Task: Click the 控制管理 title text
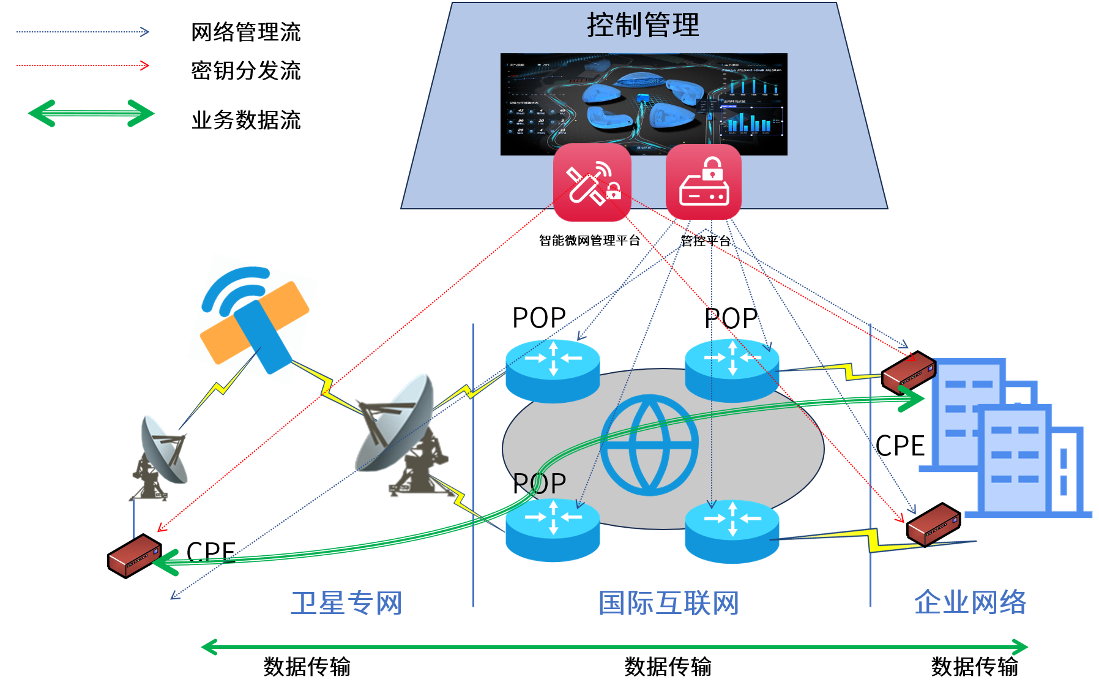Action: click(x=643, y=25)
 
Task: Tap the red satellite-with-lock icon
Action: click(x=592, y=182)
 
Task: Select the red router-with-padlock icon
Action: click(x=704, y=182)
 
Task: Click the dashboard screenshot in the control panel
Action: click(x=644, y=104)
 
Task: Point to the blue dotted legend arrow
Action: click(x=83, y=32)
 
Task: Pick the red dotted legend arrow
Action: click(x=83, y=66)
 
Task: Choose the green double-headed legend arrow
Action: click(x=91, y=113)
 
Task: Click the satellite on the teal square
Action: click(x=253, y=319)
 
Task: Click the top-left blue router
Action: click(x=553, y=370)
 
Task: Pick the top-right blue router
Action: click(x=732, y=370)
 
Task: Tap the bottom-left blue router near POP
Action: click(x=553, y=530)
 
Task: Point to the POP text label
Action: click(x=540, y=484)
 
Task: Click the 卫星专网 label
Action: click(x=346, y=603)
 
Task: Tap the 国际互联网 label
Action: click(x=668, y=603)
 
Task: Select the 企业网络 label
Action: click(x=970, y=602)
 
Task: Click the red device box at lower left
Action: click(x=134, y=556)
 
